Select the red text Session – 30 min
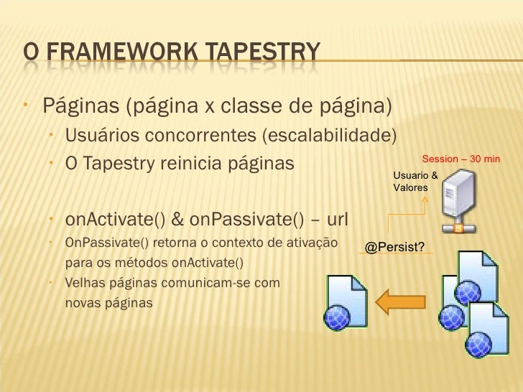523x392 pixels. point(460,158)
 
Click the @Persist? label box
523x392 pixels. point(394,248)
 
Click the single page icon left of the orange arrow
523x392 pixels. point(348,302)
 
